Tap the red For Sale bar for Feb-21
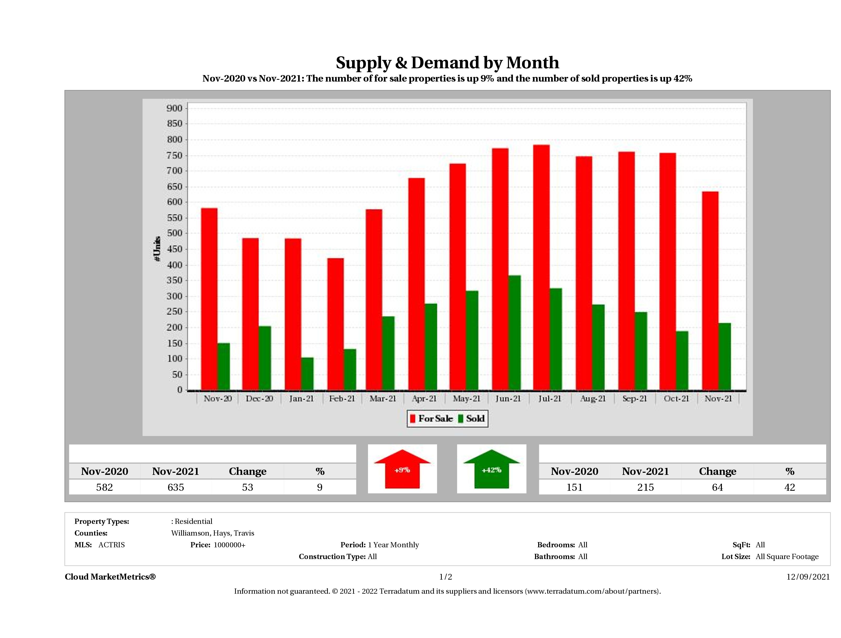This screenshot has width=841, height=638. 335,324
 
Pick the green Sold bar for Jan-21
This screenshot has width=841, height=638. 308,374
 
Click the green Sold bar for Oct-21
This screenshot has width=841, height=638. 682,360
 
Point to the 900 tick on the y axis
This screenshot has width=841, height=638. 175,108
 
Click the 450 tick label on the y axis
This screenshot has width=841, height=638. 175,249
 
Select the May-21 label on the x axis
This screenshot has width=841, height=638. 466,398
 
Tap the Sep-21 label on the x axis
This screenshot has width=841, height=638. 635,398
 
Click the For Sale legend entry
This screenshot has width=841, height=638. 432,419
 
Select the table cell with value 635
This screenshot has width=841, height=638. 176,487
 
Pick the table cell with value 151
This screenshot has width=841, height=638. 574,487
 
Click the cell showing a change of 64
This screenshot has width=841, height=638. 717,487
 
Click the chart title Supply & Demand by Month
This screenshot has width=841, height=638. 447,62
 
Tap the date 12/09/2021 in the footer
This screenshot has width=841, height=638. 808,577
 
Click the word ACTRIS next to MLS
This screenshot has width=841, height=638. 111,544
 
